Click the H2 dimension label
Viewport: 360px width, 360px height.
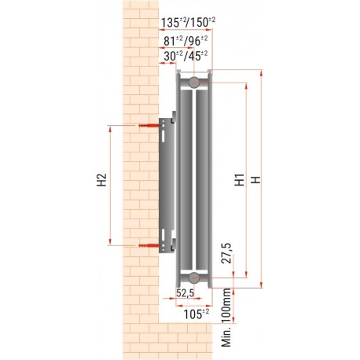[100, 182]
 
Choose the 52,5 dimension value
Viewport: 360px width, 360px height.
[186, 293]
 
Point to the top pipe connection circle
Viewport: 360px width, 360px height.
[193, 82]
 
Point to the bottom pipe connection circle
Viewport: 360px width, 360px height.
[193, 277]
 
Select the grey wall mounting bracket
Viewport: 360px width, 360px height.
[167, 186]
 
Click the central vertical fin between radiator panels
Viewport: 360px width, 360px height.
[189, 179]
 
